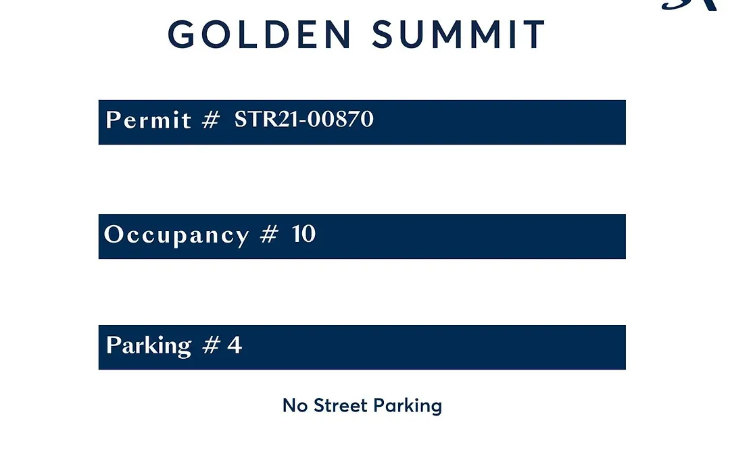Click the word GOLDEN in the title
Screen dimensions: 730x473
click(x=260, y=34)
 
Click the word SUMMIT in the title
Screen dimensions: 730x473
click(x=458, y=34)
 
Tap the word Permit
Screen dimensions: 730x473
click(x=149, y=120)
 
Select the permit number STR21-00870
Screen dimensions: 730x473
click(x=303, y=119)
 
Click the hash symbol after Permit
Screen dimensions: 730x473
click(x=210, y=120)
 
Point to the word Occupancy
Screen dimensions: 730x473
click(x=176, y=234)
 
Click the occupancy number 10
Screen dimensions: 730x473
click(x=304, y=234)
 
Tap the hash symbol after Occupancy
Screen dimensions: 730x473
click(x=269, y=234)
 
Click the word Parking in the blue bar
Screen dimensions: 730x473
click(x=149, y=346)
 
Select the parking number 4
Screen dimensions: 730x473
click(x=235, y=345)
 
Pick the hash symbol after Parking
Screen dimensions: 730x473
click(x=211, y=345)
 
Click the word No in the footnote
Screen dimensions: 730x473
click(x=295, y=405)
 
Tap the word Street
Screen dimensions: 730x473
click(x=340, y=405)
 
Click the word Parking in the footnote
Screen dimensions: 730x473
click(x=408, y=406)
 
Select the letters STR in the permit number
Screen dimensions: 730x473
click(x=255, y=119)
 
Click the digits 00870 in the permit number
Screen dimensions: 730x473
click(x=340, y=119)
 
